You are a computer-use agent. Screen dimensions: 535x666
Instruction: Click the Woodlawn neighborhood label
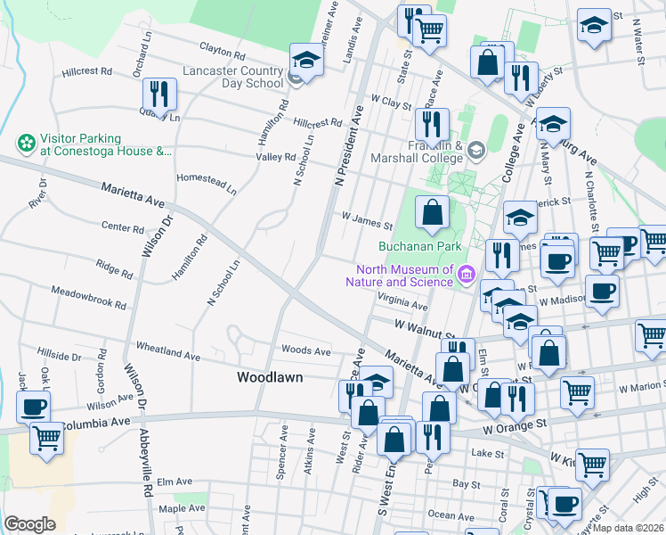click(x=270, y=377)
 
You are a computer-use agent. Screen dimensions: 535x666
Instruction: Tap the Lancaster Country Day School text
click(x=232, y=77)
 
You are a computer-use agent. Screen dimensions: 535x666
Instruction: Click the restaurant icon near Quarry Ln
click(x=159, y=93)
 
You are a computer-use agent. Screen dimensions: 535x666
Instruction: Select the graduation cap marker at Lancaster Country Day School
click(x=305, y=61)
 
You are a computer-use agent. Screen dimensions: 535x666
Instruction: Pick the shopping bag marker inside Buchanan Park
click(x=432, y=213)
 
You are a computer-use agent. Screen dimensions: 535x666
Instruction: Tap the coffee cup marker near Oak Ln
click(x=34, y=407)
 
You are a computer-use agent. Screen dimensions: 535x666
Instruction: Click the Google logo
click(x=29, y=523)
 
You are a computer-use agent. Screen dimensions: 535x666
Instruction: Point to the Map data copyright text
click(x=629, y=528)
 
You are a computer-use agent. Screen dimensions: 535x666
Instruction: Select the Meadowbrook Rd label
click(x=88, y=297)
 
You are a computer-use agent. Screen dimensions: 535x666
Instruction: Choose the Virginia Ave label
click(x=402, y=303)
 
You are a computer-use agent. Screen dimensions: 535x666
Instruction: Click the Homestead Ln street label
click(x=207, y=183)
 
